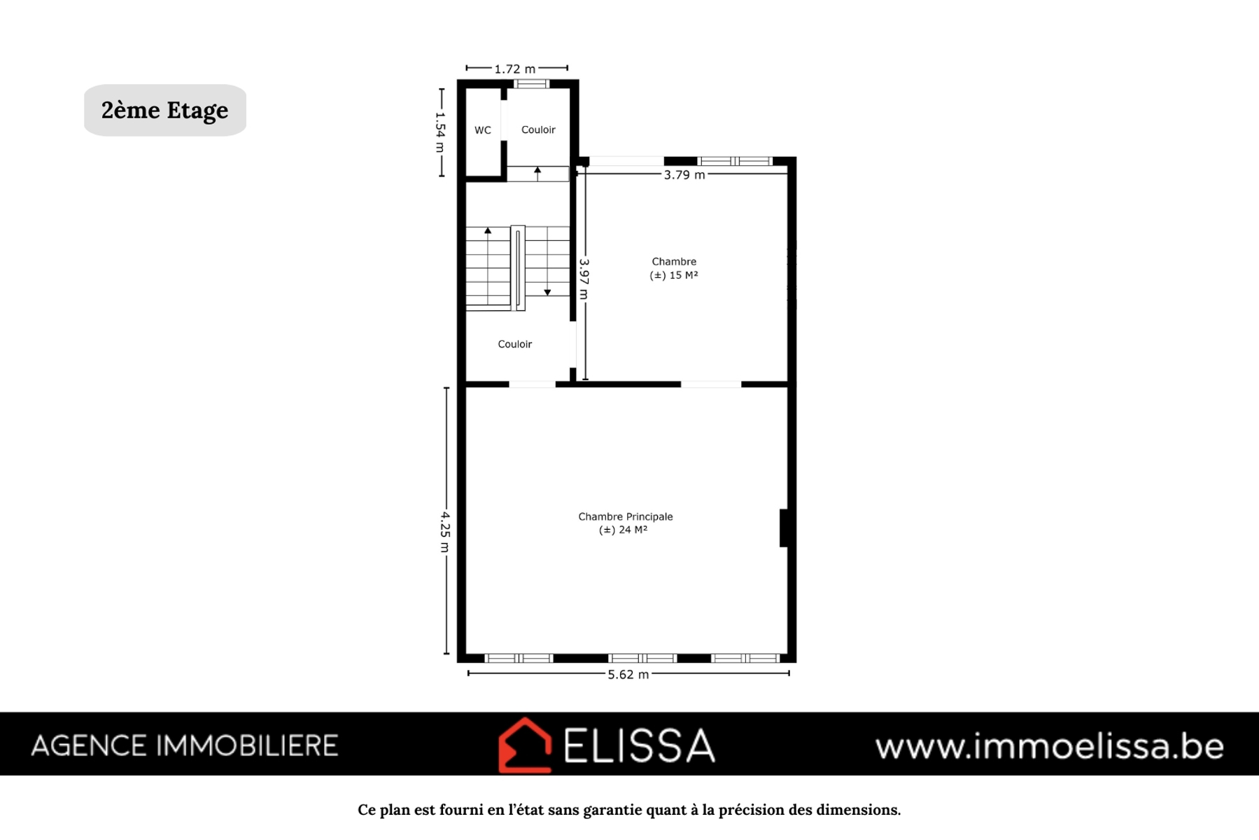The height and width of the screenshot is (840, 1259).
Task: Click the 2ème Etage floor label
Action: (x=164, y=110)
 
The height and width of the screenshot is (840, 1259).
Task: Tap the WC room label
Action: (x=483, y=130)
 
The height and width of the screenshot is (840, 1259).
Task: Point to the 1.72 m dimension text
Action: (x=515, y=69)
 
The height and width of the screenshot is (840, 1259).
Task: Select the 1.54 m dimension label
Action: (x=440, y=132)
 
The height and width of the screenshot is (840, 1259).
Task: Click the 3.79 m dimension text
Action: (x=684, y=174)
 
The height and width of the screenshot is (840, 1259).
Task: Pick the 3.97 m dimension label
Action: (x=584, y=279)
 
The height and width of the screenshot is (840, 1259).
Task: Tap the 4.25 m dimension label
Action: (x=445, y=531)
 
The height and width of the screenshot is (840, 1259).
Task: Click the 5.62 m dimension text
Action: (x=628, y=674)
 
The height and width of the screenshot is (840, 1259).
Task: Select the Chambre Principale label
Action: (x=626, y=517)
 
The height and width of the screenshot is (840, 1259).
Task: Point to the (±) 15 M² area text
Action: (x=674, y=275)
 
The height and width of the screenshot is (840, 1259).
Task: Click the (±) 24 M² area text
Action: (x=624, y=530)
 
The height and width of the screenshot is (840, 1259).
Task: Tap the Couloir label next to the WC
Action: (x=538, y=129)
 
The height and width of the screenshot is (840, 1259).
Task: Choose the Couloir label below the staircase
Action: (x=515, y=344)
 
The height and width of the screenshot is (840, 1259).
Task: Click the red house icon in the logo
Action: (x=525, y=745)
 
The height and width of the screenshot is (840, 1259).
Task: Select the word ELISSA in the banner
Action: (x=640, y=745)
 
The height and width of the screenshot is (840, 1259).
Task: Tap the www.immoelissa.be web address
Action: (x=1050, y=746)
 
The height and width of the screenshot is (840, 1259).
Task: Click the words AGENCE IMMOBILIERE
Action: (x=185, y=745)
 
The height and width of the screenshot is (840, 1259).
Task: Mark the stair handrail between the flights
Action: (x=518, y=268)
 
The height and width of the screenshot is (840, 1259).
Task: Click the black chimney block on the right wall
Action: (x=785, y=528)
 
